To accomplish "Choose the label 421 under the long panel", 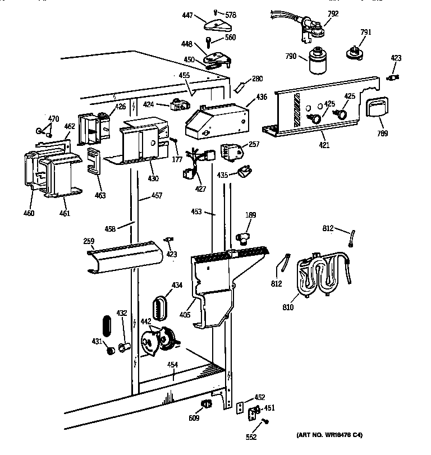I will pos(324,145).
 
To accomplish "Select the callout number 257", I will pos(254,144).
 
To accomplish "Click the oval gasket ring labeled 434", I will pos(161,307).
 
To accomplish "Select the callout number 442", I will pos(145,321).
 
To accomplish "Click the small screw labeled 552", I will pos(266,421).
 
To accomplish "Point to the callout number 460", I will pos(29,213).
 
